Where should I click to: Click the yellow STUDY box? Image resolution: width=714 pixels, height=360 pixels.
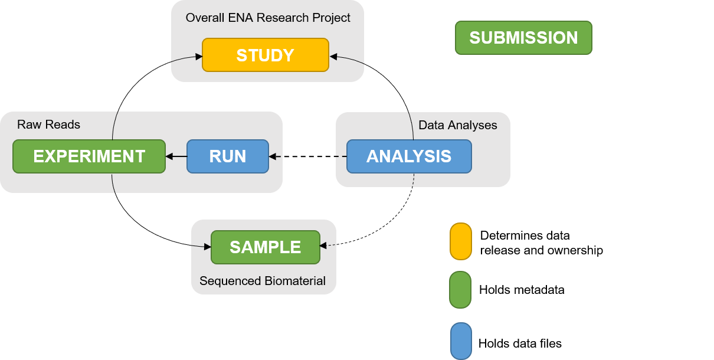pyautogui.click(x=265, y=55)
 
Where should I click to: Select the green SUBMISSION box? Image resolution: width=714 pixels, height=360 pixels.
pyautogui.click(x=523, y=38)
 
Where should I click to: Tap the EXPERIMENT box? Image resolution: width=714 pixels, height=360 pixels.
pyautogui.click(x=89, y=156)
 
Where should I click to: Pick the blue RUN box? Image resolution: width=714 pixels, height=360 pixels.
pyautogui.click(x=228, y=156)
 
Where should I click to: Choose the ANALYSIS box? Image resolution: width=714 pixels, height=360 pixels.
pyautogui.click(x=409, y=156)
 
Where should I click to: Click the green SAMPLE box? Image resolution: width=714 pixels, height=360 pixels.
pyautogui.click(x=265, y=247)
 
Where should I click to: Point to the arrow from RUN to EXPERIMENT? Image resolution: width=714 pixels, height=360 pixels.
pyautogui.click(x=176, y=156)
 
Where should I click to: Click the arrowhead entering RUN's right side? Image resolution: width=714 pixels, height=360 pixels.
pyautogui.click(x=273, y=156)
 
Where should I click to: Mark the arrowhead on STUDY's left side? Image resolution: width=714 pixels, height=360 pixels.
pyautogui.click(x=198, y=57)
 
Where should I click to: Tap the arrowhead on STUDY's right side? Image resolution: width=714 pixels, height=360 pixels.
pyautogui.click(x=333, y=57)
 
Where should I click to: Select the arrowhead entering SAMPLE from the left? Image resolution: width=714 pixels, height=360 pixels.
pyautogui.click(x=207, y=247)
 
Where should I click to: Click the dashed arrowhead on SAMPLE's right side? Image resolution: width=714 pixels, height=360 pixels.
pyautogui.click(x=323, y=246)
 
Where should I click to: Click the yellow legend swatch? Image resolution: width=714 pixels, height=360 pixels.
pyautogui.click(x=460, y=241)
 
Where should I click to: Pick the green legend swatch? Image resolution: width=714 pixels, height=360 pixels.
pyautogui.click(x=460, y=290)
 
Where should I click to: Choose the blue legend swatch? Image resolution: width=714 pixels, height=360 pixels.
pyautogui.click(x=460, y=341)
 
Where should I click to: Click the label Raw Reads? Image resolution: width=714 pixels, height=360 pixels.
pyautogui.click(x=48, y=125)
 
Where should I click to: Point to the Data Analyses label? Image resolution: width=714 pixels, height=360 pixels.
pyautogui.click(x=457, y=125)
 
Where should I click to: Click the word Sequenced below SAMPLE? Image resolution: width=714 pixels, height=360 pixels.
pyautogui.click(x=227, y=281)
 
